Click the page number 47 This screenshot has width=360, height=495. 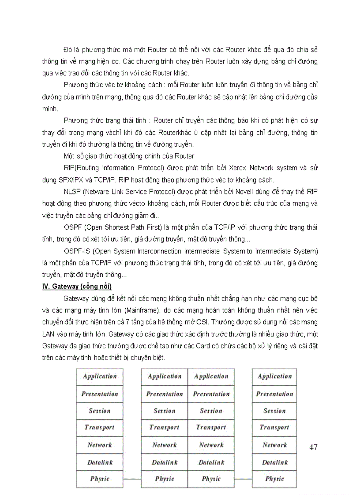[313, 447]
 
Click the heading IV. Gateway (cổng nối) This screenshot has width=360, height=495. [77, 287]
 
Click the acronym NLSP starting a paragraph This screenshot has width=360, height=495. [72, 192]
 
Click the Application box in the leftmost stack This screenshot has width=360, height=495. [100, 376]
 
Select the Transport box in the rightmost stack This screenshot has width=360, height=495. [274, 428]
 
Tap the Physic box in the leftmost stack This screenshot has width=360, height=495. [100, 479]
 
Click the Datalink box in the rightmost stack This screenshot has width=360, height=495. [274, 462]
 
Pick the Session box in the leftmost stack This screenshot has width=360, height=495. [100, 411]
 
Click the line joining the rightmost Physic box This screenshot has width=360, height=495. [243, 479]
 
